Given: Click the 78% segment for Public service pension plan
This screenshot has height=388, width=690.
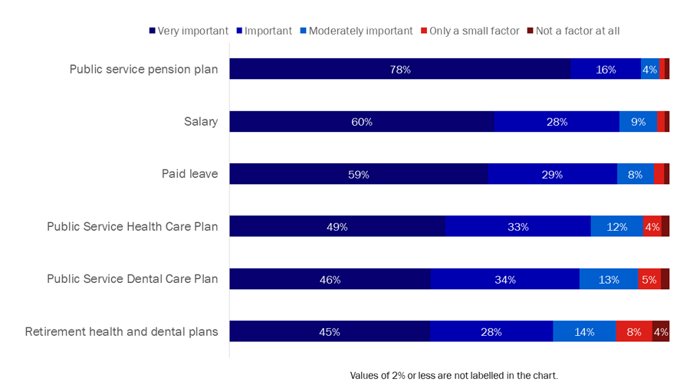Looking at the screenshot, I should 399,69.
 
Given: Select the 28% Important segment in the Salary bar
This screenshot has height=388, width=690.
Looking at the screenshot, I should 557,122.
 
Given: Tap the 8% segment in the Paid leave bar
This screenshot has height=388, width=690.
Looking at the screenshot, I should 635,174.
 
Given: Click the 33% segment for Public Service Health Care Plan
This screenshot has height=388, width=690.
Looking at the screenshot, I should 517,227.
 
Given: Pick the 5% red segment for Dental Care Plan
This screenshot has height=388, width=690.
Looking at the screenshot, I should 649,279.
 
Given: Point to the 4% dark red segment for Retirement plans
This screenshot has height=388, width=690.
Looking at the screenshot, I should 660,332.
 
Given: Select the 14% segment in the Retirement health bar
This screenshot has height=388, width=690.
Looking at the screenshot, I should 584,332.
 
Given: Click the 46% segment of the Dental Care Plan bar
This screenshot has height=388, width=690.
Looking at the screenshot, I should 330,279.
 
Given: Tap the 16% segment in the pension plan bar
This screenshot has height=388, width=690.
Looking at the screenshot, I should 606,69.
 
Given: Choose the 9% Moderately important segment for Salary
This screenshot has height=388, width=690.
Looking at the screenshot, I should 638,122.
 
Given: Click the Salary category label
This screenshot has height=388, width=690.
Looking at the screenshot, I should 201,122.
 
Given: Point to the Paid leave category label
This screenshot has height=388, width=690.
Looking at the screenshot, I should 189,174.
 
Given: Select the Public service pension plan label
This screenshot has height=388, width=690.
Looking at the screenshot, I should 143,69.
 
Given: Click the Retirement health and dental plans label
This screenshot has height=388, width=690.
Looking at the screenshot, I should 121,332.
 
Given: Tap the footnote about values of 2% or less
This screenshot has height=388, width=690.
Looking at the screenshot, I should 454,376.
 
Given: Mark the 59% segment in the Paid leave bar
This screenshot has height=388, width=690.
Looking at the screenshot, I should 358,174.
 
